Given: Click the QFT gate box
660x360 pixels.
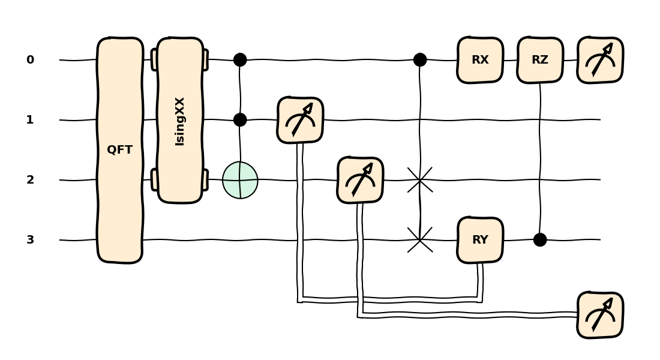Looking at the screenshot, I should click(x=120, y=150).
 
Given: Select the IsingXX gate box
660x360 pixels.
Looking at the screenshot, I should click(x=180, y=120).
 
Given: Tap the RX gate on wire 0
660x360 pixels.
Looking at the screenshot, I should click(x=480, y=60).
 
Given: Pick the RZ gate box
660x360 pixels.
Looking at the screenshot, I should click(x=540, y=60).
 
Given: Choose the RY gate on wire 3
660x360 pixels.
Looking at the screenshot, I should click(x=480, y=240).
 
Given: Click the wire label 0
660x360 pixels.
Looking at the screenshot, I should click(x=30, y=60).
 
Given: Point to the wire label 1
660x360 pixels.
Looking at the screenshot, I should click(x=30, y=120).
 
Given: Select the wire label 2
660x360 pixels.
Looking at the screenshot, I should click(x=30, y=180).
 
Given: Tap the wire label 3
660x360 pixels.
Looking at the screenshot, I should click(x=30, y=240).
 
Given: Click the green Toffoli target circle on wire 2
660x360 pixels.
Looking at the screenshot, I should click(x=240, y=180).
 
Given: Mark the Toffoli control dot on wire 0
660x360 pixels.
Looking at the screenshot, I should click(x=240, y=60).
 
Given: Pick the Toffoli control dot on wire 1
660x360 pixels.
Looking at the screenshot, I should click(x=240, y=120).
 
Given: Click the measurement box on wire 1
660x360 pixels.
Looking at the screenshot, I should click(x=300, y=120).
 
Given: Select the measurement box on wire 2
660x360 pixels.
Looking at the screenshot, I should click(x=360, y=180).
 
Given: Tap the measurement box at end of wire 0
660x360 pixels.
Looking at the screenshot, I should click(x=600, y=60).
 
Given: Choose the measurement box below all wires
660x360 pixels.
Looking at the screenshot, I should click(x=600, y=315).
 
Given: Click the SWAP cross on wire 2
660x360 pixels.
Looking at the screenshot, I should click(x=420, y=180).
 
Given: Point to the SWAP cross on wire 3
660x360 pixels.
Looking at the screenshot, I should click(x=420, y=240).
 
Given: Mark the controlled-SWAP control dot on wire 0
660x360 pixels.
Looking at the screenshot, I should click(x=420, y=60).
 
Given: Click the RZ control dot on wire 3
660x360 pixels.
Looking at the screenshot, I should click(x=540, y=240).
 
